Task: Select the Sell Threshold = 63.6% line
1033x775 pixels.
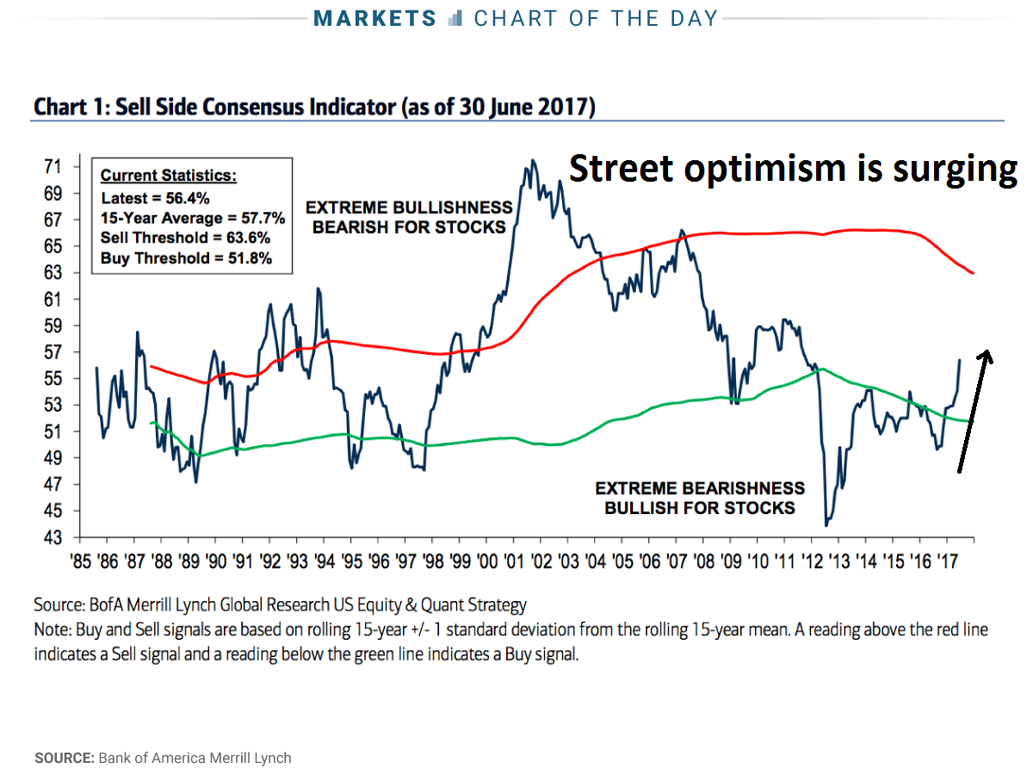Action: [185, 239]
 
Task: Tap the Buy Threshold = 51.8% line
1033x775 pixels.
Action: [186, 257]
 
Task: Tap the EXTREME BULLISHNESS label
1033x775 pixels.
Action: [410, 208]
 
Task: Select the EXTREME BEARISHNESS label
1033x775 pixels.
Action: [700, 489]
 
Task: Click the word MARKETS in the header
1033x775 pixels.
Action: [374, 18]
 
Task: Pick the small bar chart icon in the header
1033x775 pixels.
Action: [456, 18]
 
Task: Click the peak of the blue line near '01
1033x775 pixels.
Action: [533, 160]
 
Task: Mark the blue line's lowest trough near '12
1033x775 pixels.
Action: [827, 524]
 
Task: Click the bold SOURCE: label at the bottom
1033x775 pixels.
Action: [65, 759]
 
